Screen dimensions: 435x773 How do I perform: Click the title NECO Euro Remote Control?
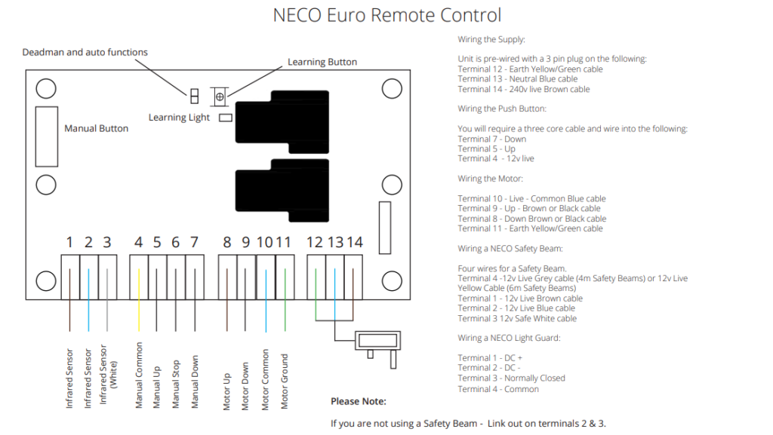[x=386, y=15]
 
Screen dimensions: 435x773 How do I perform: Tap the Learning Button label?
[x=322, y=62]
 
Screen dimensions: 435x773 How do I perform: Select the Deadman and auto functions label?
[x=85, y=52]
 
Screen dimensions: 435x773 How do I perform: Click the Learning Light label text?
[x=179, y=118]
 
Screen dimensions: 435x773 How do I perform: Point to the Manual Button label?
[x=96, y=128]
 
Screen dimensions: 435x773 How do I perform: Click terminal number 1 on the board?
[x=69, y=242]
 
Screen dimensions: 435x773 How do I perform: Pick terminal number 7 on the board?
[x=194, y=242]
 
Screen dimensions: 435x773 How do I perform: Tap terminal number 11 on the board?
[x=284, y=242]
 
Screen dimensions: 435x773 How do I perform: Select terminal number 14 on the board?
[x=355, y=242]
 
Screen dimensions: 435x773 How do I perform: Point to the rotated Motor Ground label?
[x=285, y=381]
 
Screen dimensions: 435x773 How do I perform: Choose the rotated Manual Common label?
[x=139, y=375]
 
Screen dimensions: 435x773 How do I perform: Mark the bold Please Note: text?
[x=359, y=401]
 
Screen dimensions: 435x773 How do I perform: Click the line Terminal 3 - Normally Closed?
[x=511, y=378]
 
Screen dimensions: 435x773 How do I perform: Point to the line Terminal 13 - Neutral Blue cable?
[x=517, y=79]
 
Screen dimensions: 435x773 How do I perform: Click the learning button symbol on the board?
[x=220, y=96]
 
